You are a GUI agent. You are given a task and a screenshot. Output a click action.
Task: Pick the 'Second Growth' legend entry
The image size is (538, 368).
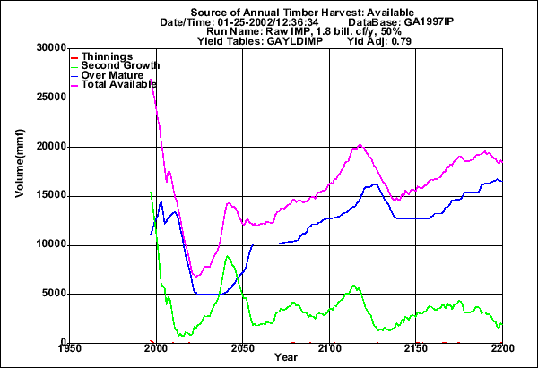(120, 65)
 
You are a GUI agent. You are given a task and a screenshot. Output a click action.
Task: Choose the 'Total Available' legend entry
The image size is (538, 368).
(120, 84)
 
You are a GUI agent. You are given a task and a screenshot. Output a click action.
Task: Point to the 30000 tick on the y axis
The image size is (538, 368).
(44, 48)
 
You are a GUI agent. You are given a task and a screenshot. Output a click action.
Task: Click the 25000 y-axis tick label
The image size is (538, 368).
(44, 98)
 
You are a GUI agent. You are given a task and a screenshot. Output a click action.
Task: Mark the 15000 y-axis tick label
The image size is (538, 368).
(44, 195)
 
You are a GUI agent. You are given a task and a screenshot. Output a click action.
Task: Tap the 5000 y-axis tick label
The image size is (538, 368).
(47, 293)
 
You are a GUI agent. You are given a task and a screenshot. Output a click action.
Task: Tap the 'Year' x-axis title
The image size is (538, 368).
(286, 358)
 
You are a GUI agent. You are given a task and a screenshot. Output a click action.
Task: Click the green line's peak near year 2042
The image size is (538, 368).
(228, 257)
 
